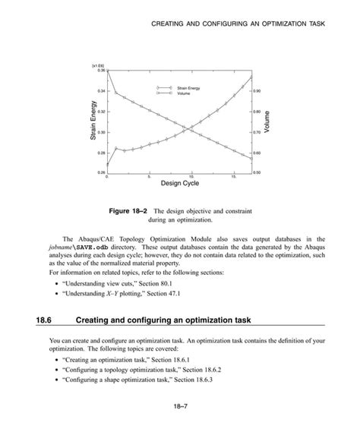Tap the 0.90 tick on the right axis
pyautogui.click(x=257, y=90)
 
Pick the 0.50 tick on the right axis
pyautogui.click(x=257, y=173)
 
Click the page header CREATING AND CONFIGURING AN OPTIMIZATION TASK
pyautogui.click(x=238, y=25)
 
